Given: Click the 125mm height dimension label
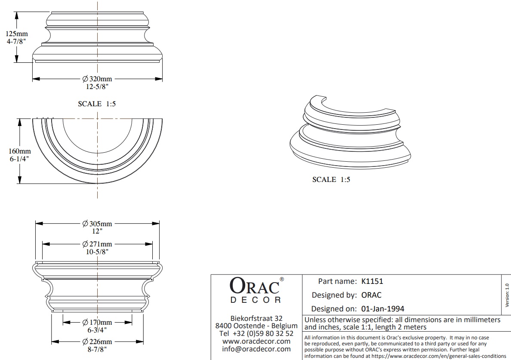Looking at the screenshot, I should point(16,34).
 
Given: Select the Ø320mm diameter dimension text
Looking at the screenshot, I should point(97,79).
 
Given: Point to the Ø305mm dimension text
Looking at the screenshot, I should point(97,224).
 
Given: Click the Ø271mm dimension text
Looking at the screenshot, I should point(97,244).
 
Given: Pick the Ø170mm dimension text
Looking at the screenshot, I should point(97,322).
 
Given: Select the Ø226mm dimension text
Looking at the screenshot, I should point(97,342).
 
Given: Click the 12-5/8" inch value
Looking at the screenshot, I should point(97,86).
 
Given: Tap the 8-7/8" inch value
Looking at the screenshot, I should point(97,349).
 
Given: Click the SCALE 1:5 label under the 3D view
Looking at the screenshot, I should point(331,180).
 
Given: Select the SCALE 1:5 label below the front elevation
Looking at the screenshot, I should point(97,104).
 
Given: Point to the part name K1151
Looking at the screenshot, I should point(372,281).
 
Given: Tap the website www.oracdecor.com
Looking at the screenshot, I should point(256,341).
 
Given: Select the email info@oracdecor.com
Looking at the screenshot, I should point(256,349).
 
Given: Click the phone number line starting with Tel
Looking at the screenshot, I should point(256,333).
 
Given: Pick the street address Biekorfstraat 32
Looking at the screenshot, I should point(256,318).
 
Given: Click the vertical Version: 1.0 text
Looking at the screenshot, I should point(506,295).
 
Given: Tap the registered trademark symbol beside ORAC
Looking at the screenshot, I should point(282,279).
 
